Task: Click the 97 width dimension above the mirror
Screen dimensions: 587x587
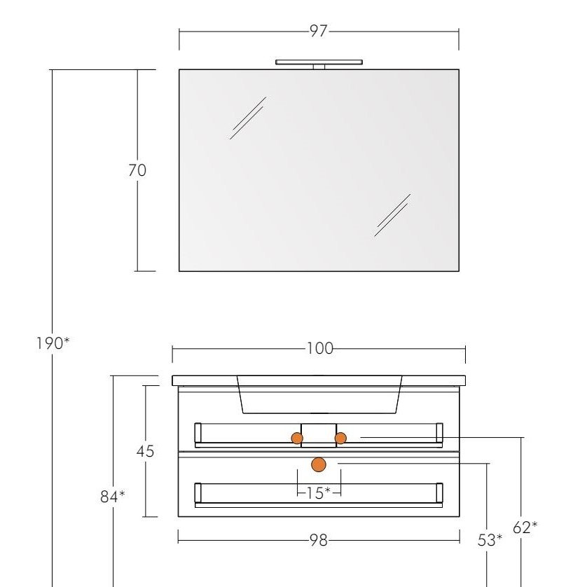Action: point(319,31)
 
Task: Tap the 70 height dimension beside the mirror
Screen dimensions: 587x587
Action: point(137,170)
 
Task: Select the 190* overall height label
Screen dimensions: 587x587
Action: point(53,343)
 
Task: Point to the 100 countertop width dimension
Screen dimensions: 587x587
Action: point(320,349)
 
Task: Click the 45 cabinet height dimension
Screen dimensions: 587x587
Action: point(145,451)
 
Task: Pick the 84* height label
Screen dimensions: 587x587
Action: point(113,497)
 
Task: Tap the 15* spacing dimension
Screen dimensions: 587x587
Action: point(319,493)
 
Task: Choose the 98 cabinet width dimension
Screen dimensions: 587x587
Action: point(319,540)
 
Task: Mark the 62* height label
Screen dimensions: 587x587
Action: point(525,527)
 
